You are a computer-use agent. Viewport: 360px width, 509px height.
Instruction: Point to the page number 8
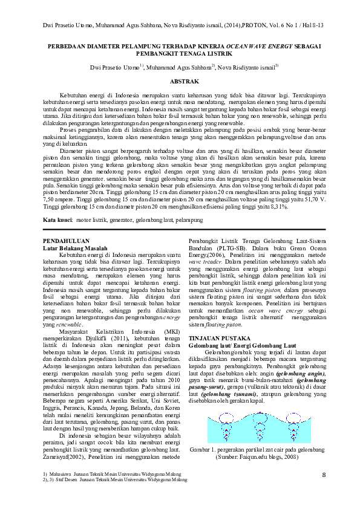pyautogui.click(x=323, y=476)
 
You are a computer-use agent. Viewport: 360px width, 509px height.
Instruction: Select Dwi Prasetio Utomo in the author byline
pyautogui.click(x=113, y=66)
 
